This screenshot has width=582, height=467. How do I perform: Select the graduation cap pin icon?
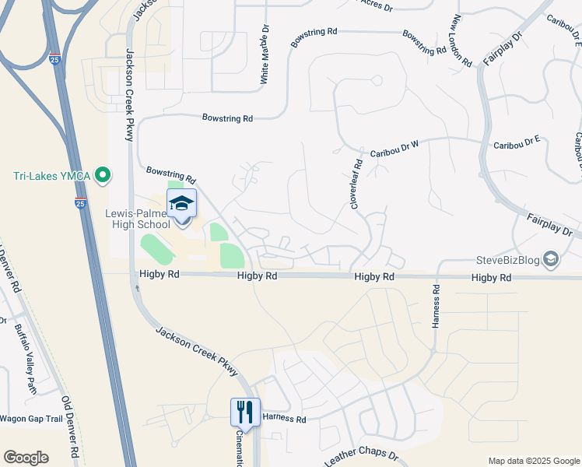(x=181, y=204)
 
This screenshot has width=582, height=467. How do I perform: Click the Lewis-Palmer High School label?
(x=138, y=219)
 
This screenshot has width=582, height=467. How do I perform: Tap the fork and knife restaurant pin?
(x=245, y=411)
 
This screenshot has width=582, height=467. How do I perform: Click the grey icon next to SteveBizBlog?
(x=551, y=259)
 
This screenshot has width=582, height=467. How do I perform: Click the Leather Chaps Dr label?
(x=361, y=458)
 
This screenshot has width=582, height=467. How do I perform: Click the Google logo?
(x=26, y=458)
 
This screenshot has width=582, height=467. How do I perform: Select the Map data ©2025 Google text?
(x=533, y=461)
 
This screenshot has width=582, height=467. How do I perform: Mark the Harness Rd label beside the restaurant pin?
(x=284, y=419)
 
